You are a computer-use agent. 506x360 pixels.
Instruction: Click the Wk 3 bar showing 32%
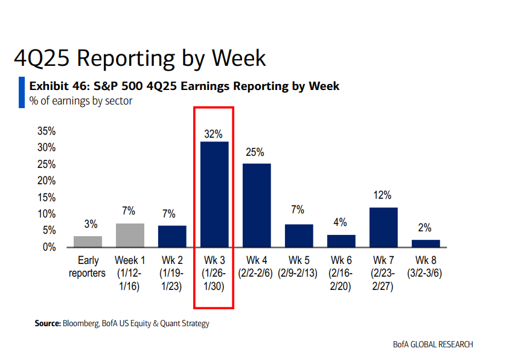[214, 194]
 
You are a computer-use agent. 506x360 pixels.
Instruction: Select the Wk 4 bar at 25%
[257, 205]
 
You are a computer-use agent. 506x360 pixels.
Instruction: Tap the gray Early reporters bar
[88, 242]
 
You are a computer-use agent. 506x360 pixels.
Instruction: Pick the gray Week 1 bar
[130, 235]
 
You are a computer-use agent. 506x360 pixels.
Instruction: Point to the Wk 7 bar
[383, 227]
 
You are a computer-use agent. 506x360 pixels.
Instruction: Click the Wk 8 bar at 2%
[426, 243]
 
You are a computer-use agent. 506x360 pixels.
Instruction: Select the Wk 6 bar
[341, 240]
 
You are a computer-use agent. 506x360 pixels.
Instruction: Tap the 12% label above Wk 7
[383, 195]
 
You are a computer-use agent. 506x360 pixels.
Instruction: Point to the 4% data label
[341, 223]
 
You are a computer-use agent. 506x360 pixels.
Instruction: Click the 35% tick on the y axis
[46, 131]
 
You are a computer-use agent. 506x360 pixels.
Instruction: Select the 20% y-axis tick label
[46, 181]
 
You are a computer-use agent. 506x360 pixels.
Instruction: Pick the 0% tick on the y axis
[49, 247]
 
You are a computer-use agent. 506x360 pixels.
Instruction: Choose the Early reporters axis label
[88, 267]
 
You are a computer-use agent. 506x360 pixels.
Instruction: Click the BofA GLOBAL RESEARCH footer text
[432, 344]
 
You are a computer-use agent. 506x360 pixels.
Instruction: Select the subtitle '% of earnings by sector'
[80, 101]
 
